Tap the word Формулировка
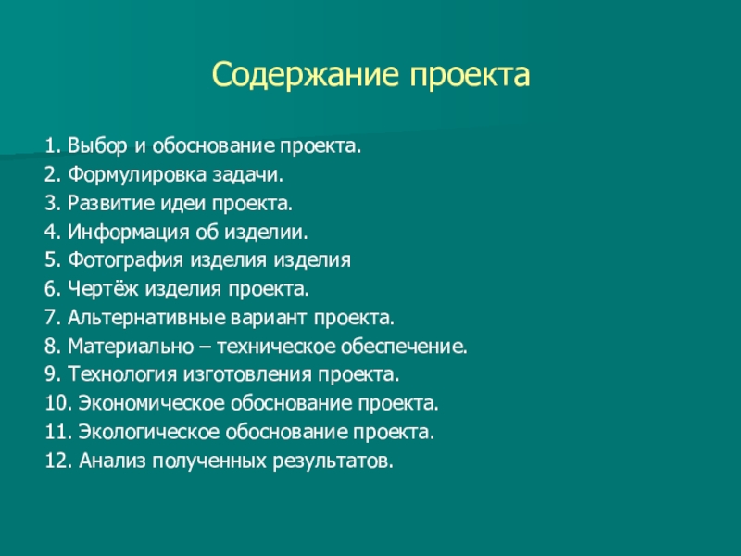137,175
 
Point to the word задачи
247,175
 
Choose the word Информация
128,233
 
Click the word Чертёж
104,288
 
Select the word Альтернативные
146,317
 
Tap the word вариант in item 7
270,317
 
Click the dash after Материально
206,347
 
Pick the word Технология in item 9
123,374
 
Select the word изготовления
247,374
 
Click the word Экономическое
152,403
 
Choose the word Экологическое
149,432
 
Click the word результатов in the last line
333,461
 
